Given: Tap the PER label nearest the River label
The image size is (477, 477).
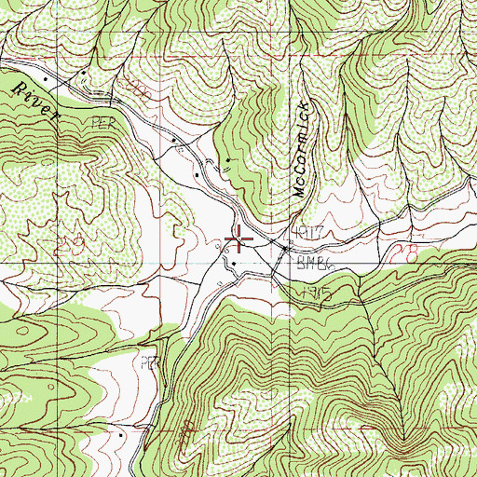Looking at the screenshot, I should pos(101,122).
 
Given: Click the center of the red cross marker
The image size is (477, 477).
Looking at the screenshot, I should pos(239,241).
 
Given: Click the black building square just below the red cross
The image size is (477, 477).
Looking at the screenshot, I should pos(233,262).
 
